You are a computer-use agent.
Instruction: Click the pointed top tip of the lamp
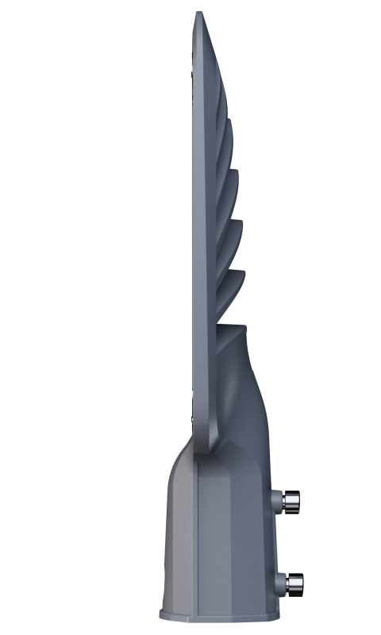pyautogui.click(x=198, y=13)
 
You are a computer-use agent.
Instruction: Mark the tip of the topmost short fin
pyautogui.click(x=232, y=121)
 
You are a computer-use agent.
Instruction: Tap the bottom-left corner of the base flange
pyautogui.click(x=160, y=618)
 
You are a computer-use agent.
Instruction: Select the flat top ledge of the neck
pyautogui.click(x=233, y=325)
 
